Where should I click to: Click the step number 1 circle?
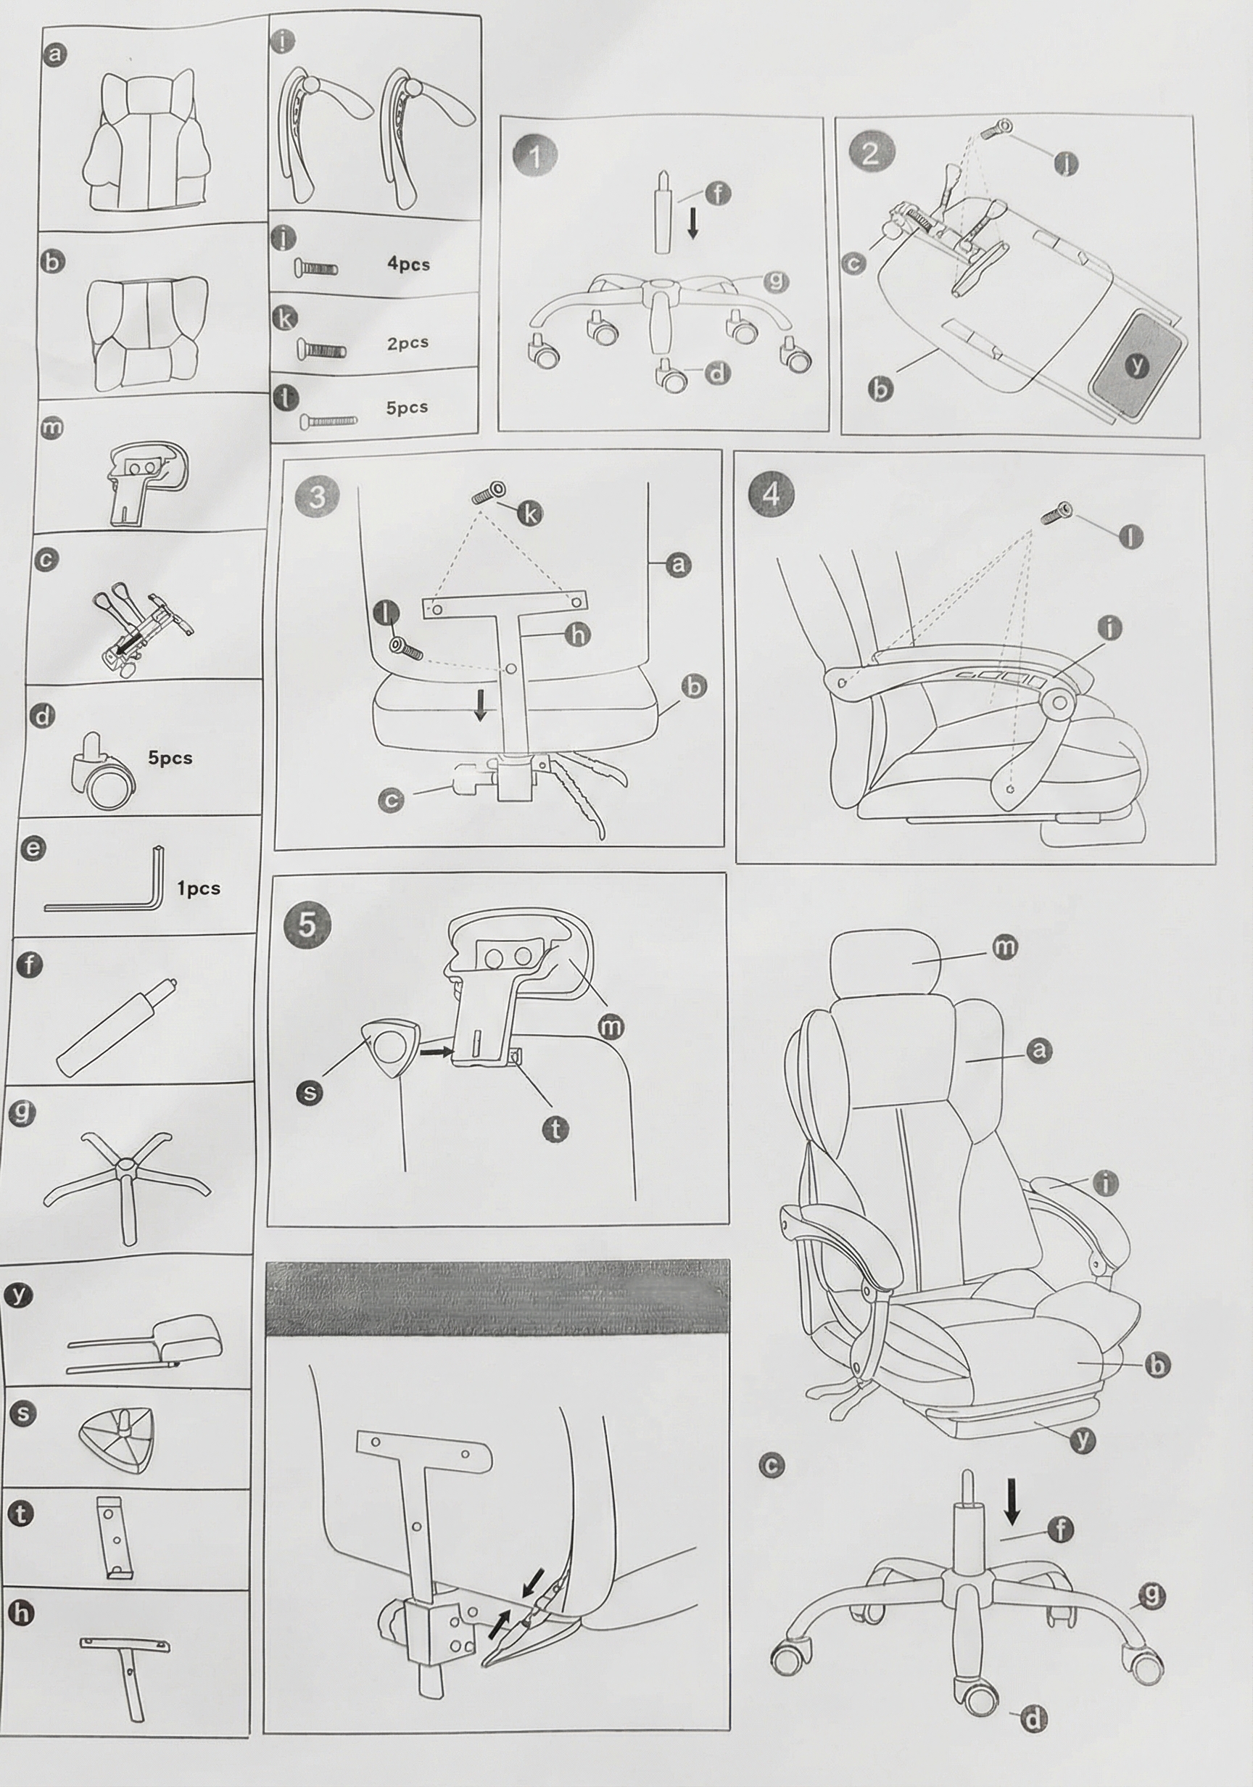(534, 157)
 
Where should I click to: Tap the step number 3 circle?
(317, 496)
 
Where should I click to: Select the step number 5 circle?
(307, 925)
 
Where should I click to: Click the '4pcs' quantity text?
(408, 264)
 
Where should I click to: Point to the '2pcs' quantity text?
(408, 342)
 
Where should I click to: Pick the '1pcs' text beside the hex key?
(199, 888)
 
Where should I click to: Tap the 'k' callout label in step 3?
(531, 513)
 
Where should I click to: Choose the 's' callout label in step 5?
(310, 1093)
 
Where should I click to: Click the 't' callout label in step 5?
(555, 1128)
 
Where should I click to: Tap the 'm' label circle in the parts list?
(51, 427)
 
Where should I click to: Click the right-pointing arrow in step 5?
(435, 1052)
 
